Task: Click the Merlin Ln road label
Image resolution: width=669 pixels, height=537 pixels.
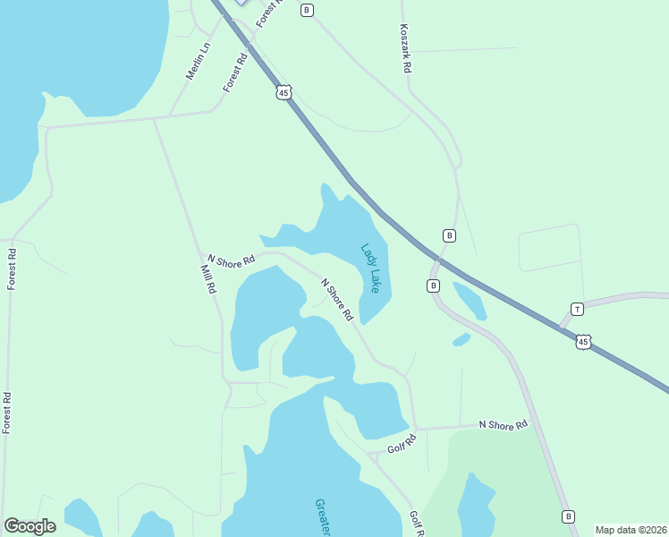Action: click(199, 61)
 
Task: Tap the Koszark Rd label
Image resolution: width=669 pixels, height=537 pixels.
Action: click(405, 48)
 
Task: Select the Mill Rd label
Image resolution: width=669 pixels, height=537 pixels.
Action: click(208, 279)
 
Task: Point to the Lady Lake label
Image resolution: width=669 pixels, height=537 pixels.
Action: click(370, 268)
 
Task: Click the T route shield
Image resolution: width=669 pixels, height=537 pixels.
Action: click(578, 310)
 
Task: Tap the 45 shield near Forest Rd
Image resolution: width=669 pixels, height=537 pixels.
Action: click(284, 92)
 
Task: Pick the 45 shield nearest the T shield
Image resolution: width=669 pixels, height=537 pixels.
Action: click(583, 342)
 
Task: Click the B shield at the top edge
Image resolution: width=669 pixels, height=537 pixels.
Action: click(307, 10)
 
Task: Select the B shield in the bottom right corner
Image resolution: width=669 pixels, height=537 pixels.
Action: click(568, 516)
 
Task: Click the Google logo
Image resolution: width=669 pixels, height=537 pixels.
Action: click(30, 526)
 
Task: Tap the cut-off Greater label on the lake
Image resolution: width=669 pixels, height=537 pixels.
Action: click(323, 517)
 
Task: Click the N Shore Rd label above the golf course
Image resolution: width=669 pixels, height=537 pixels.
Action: click(503, 425)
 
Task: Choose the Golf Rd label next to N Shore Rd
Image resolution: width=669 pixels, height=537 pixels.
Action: click(402, 443)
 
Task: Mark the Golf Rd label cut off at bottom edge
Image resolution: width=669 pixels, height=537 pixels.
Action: click(416, 524)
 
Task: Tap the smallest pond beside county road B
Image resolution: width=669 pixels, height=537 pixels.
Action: click(462, 339)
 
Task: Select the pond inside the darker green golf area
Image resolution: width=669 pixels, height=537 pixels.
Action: click(475, 506)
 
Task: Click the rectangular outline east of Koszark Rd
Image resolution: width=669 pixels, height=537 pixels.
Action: click(550, 248)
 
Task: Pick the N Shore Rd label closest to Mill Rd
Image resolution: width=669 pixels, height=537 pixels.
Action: click(231, 259)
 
